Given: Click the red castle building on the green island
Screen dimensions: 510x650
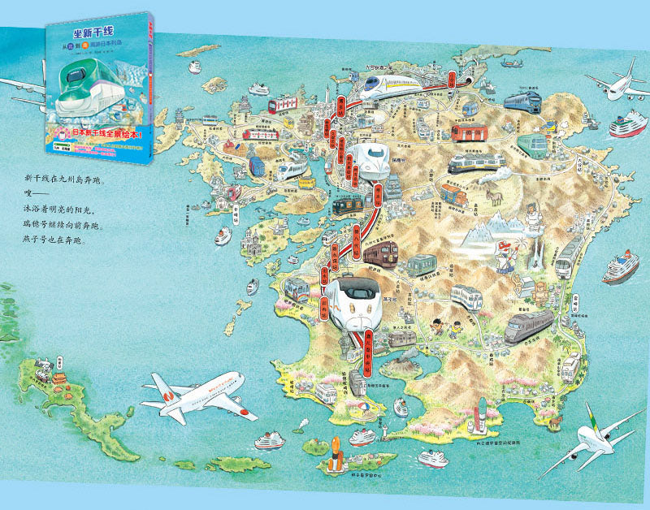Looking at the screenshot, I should point(58,378).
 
